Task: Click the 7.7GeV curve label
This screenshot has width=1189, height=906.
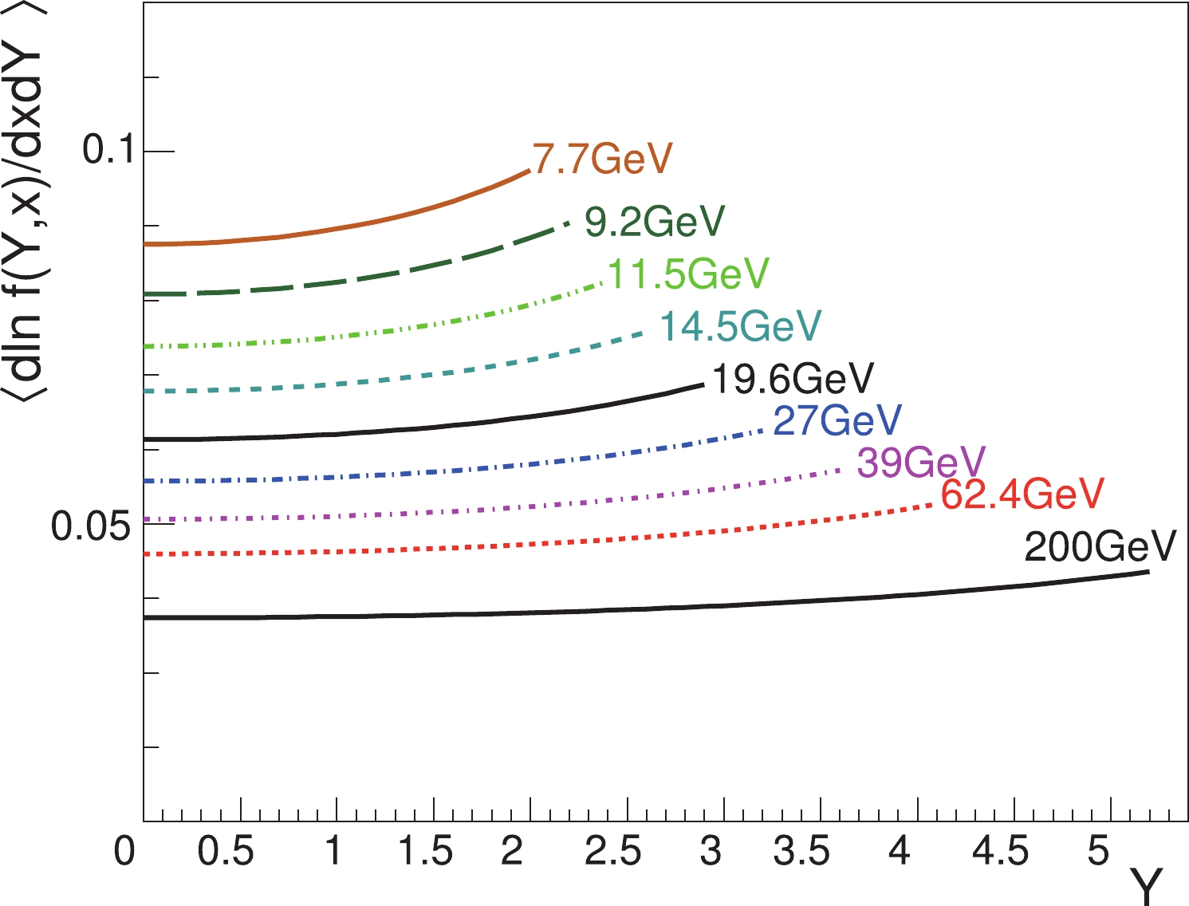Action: pyautogui.click(x=603, y=159)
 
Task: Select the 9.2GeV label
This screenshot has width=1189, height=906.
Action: pyautogui.click(x=655, y=222)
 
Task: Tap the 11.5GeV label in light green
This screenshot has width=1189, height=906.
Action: pyautogui.click(x=688, y=274)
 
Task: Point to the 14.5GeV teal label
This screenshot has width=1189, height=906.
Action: pyautogui.click(x=740, y=326)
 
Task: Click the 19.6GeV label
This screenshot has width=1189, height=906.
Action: pyautogui.click(x=793, y=379)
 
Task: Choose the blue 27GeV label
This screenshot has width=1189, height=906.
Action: pyautogui.click(x=837, y=420)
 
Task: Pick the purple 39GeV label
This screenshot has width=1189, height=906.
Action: pyautogui.click(x=921, y=463)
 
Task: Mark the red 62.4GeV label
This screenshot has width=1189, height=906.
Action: pyautogui.click(x=1022, y=494)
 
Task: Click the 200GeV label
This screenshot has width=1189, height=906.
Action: pyautogui.click(x=1100, y=547)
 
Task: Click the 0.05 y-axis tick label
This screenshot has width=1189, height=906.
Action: pyautogui.click(x=90, y=526)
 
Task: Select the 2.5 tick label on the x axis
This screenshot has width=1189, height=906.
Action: pyautogui.click(x=612, y=852)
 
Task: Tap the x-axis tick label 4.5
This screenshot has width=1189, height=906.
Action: pyautogui.click(x=1000, y=852)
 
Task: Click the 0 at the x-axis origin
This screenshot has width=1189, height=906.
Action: pyautogui.click(x=124, y=852)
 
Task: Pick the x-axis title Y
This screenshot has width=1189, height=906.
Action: pyautogui.click(x=1147, y=885)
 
